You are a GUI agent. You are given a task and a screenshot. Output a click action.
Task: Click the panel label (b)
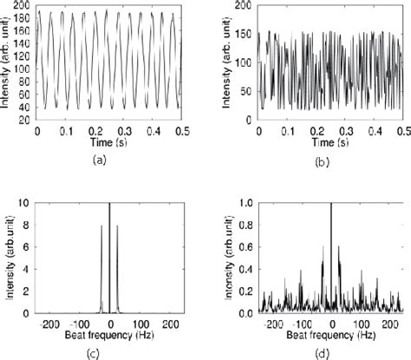click(330, 160)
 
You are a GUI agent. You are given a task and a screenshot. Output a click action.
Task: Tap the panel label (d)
click(330, 352)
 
